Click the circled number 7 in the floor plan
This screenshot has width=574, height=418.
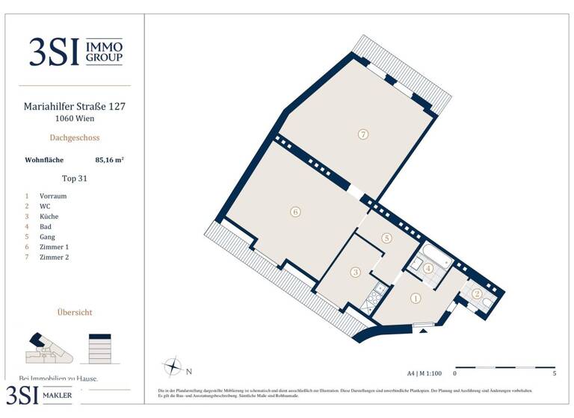click(362, 135)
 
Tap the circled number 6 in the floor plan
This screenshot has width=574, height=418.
click(296, 212)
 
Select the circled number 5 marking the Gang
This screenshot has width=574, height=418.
click(386, 238)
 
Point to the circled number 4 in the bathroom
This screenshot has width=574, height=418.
click(428, 268)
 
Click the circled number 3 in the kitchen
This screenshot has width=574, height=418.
click(356, 272)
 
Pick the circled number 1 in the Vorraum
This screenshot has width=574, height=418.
click(416, 299)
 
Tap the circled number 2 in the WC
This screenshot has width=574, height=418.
click(477, 293)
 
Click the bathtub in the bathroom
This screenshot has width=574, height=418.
click(435, 255)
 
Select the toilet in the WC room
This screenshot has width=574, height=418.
click(487, 302)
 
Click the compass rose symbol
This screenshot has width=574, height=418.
click(173, 367)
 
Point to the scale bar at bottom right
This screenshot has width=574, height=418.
click(504, 367)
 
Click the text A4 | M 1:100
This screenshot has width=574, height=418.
click(425, 372)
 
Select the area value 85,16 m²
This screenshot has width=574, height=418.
click(109, 159)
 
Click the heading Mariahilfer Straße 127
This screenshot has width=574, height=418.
click(75, 107)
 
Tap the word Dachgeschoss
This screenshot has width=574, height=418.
click(75, 137)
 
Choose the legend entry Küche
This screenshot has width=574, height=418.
click(49, 216)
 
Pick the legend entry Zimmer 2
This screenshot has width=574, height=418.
click(54, 258)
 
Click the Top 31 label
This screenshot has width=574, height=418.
click(75, 178)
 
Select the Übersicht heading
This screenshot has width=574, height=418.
click(75, 312)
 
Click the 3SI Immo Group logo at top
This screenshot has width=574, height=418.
click(75, 51)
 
